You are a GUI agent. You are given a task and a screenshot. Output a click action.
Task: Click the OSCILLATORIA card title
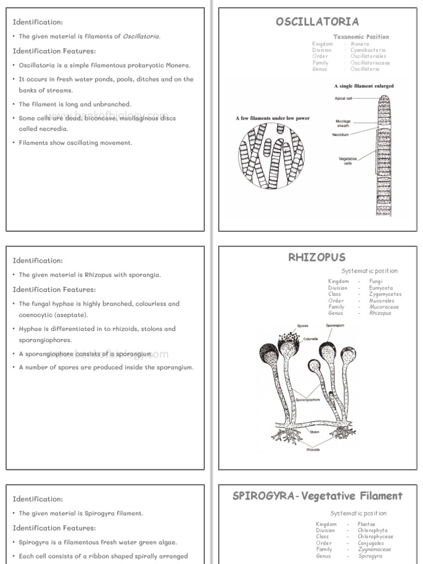pos(317,21)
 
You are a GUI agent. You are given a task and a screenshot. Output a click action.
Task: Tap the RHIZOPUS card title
pos(317,257)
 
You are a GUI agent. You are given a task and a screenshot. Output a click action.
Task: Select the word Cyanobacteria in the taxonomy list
pos(368,50)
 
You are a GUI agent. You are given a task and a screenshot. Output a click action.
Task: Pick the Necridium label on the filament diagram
pos(340,135)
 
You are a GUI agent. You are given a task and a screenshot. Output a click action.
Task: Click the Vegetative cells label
pos(348,161)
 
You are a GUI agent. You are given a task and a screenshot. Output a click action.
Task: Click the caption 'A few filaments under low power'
pos(272,118)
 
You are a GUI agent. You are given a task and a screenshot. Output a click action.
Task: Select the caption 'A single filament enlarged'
pos(364,86)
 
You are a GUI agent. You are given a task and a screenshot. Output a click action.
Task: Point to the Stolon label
pos(314,432)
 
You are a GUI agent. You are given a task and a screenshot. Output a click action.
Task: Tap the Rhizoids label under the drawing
pos(313,449)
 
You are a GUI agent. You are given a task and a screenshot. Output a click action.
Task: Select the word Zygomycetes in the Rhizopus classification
pos(385,294)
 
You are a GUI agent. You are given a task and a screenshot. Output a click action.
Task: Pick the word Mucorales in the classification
pos(381,301)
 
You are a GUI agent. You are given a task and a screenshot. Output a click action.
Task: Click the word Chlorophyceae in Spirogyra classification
pos(375,536)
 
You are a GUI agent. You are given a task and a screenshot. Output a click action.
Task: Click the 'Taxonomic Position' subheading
pos(361,37)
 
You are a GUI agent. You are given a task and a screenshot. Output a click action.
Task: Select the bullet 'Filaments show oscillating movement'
pos(75,143)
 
